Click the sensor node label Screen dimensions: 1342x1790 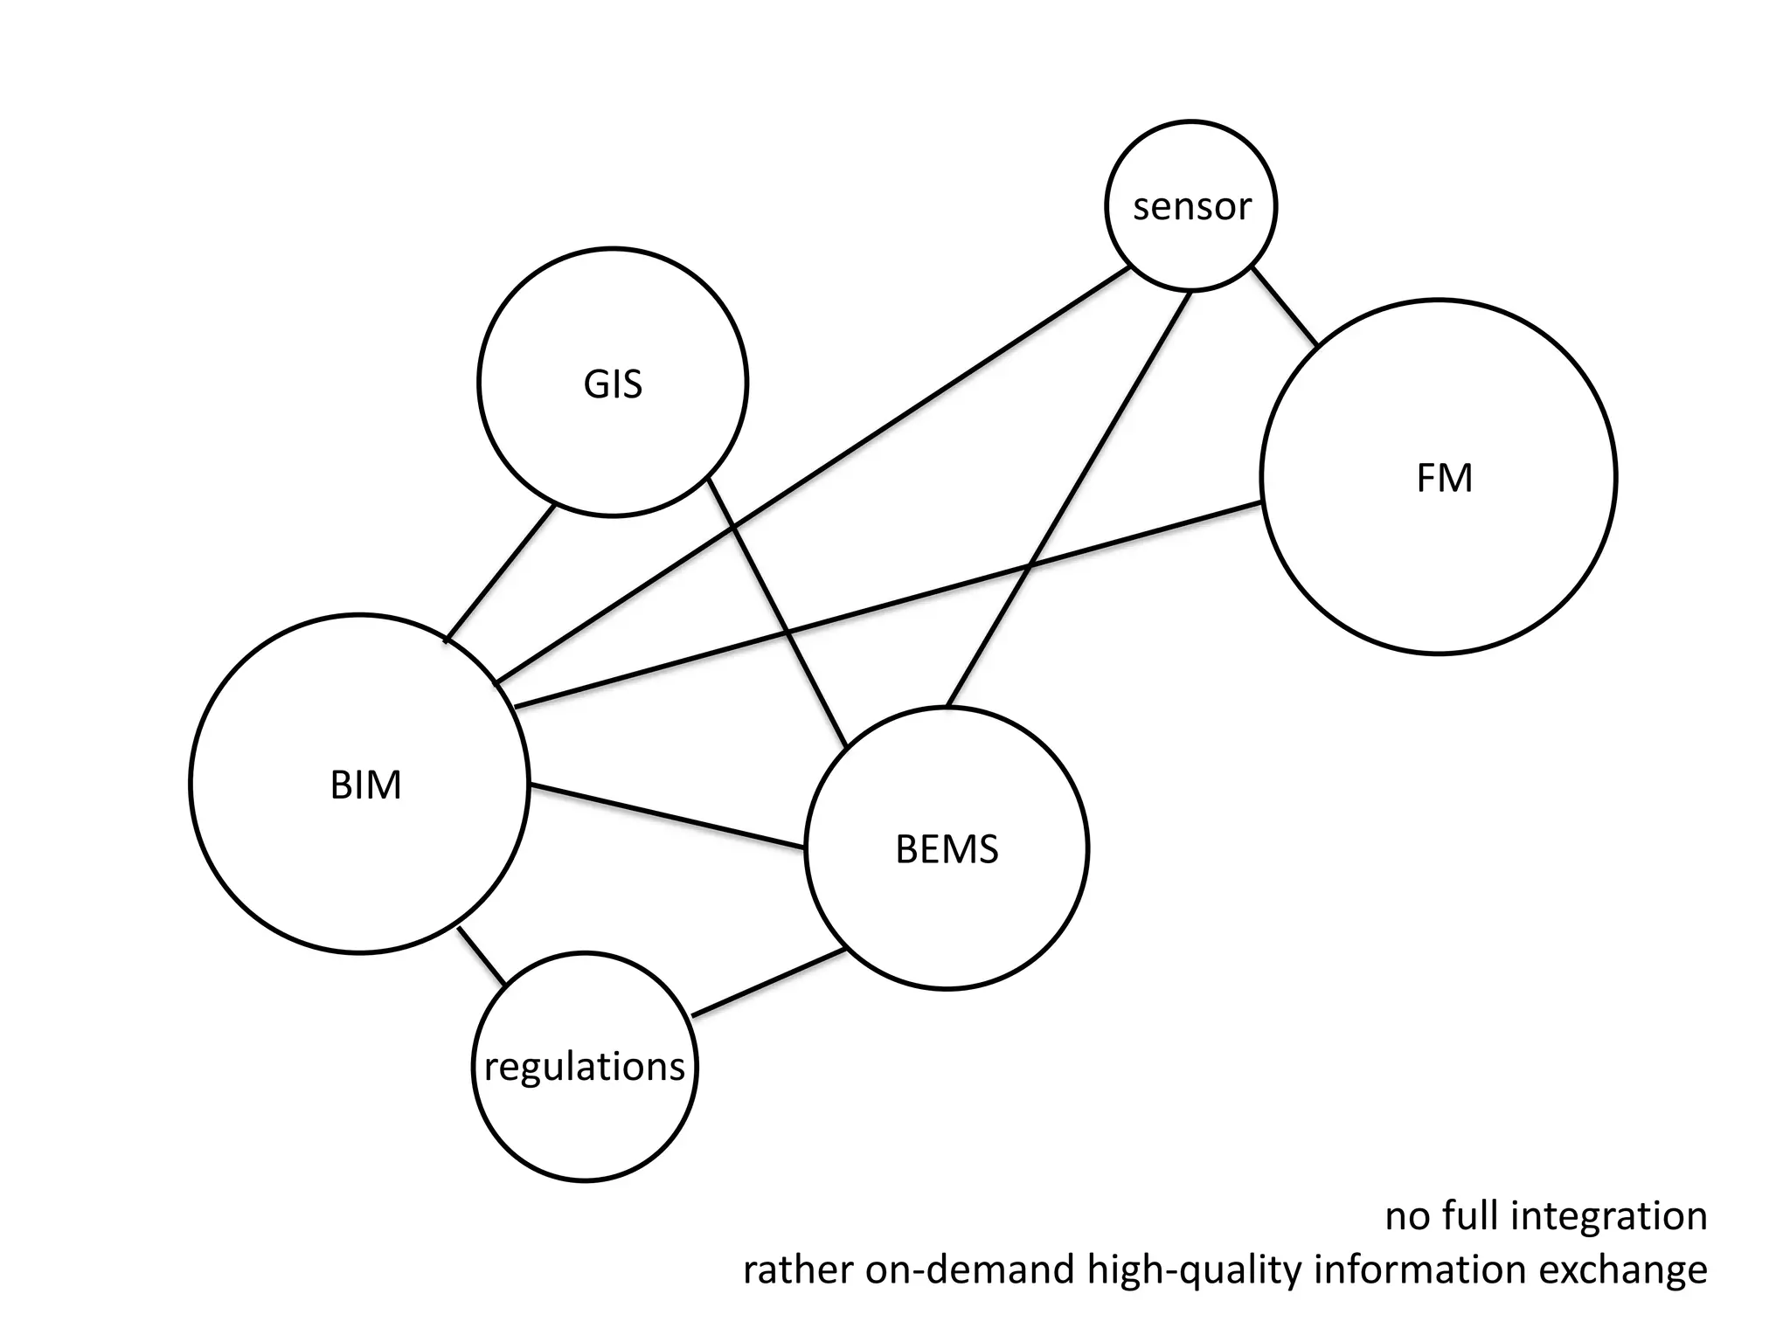click(x=1191, y=207)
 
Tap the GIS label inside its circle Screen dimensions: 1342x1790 click(x=613, y=384)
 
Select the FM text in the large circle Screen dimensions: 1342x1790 click(x=1444, y=479)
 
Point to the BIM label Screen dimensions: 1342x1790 click(x=365, y=785)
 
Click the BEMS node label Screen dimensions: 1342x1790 click(x=947, y=849)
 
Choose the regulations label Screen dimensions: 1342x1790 click(x=585, y=1067)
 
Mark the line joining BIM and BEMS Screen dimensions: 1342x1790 click(x=667, y=816)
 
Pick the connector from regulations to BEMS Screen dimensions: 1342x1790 click(x=767, y=982)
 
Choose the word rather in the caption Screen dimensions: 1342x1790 click(x=797, y=1269)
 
